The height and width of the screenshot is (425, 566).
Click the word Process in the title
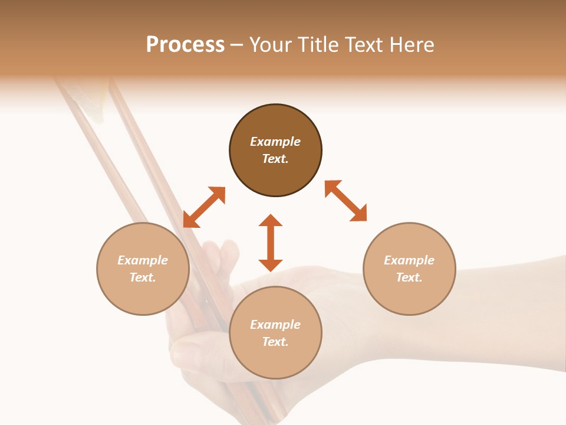point(185,45)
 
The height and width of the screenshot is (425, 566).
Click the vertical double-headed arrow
point(271,243)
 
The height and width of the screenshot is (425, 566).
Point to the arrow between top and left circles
point(204,207)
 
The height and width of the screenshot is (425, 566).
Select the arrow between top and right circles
point(345,201)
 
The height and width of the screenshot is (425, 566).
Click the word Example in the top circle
point(275,142)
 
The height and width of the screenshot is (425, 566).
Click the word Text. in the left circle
point(143,277)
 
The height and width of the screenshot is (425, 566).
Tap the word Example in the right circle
point(409,260)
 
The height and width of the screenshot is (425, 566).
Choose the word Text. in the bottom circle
point(275,342)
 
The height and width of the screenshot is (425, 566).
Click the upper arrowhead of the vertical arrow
point(271,221)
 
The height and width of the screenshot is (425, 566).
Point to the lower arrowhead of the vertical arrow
point(271,265)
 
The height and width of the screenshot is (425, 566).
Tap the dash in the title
point(237,45)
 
